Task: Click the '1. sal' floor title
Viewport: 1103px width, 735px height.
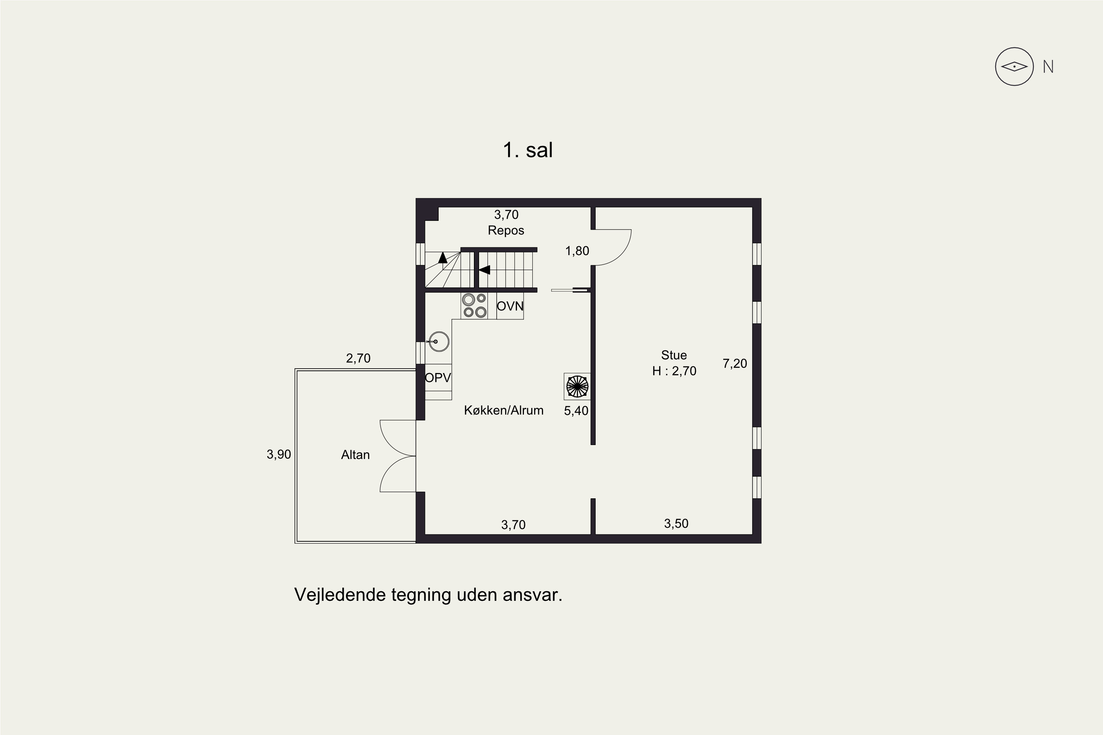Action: tap(528, 150)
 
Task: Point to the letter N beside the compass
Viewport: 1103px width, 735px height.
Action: tap(1048, 67)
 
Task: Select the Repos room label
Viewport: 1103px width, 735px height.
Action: tap(506, 230)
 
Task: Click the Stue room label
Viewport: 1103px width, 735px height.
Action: tap(674, 355)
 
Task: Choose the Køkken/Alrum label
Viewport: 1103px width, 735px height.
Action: tap(504, 410)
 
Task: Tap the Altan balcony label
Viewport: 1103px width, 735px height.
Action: tap(355, 455)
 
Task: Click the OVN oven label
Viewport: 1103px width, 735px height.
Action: tap(510, 306)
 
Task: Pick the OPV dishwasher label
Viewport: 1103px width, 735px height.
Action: tap(438, 377)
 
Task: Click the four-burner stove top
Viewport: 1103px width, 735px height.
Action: tap(474, 306)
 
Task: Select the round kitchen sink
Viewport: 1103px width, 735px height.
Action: tap(439, 342)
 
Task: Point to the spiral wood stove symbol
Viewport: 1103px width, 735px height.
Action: tap(577, 386)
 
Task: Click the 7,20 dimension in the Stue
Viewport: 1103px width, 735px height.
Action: tap(734, 363)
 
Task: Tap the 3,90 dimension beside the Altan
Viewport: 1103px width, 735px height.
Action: tap(279, 454)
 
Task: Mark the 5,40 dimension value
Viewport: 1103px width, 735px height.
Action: tap(576, 410)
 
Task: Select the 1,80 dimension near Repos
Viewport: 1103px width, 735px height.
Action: tap(577, 251)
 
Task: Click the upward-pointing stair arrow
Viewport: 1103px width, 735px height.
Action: tap(443, 257)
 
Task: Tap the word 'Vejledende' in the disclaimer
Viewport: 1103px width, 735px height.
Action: tap(340, 595)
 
